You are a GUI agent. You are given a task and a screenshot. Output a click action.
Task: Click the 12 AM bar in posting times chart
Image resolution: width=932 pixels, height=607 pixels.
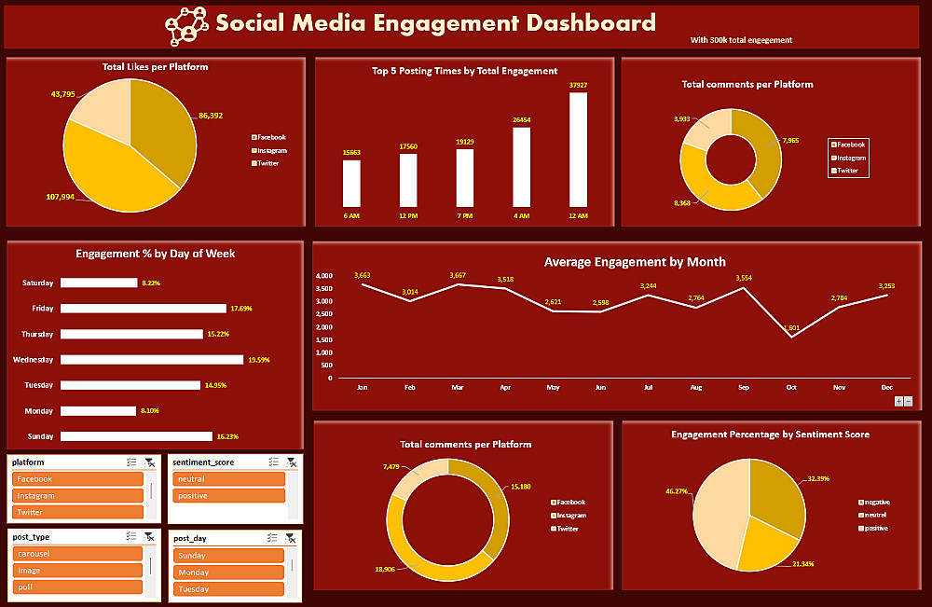coord(578,149)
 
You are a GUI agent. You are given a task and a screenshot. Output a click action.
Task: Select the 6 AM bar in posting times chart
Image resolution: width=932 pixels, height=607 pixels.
coord(351,183)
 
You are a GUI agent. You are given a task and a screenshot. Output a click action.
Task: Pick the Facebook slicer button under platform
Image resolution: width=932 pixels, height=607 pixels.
coord(77,479)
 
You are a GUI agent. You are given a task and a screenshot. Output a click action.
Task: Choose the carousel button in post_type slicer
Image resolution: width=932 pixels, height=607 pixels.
coord(77,554)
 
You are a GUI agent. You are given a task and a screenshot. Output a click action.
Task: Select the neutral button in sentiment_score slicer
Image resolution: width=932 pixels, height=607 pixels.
coord(227,479)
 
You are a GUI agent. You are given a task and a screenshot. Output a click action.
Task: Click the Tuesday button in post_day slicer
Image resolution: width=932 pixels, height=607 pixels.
coord(227,589)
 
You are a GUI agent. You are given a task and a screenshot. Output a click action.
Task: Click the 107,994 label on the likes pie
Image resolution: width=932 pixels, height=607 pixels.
coord(61,197)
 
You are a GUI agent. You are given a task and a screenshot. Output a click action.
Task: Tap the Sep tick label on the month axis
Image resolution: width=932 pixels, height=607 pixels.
coord(743,386)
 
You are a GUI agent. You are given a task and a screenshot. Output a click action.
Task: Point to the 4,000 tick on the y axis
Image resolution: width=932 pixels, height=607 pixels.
coord(323,276)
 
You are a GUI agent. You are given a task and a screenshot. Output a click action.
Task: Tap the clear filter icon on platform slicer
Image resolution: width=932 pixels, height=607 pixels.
coord(149,462)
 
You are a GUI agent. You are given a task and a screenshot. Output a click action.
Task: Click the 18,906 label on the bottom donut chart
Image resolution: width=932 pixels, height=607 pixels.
coord(384,569)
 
